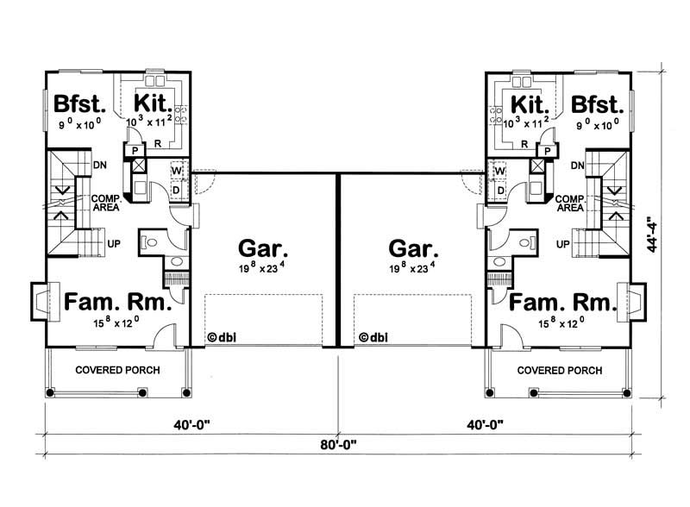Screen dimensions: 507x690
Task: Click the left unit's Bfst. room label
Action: (78, 104)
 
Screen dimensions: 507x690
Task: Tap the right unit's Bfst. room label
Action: (596, 104)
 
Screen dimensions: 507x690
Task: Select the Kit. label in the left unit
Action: (154, 104)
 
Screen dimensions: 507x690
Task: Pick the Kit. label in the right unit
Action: (529, 104)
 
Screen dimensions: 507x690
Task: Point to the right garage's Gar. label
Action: (413, 250)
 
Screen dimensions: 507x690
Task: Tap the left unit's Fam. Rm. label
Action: (117, 304)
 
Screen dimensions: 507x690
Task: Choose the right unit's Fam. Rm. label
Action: (561, 304)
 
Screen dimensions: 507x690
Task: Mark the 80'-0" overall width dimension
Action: (336, 446)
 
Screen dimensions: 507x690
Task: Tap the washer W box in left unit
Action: (177, 169)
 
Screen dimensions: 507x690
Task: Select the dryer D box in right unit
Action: (500, 188)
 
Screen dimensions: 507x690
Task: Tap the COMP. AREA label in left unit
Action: (104, 203)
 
